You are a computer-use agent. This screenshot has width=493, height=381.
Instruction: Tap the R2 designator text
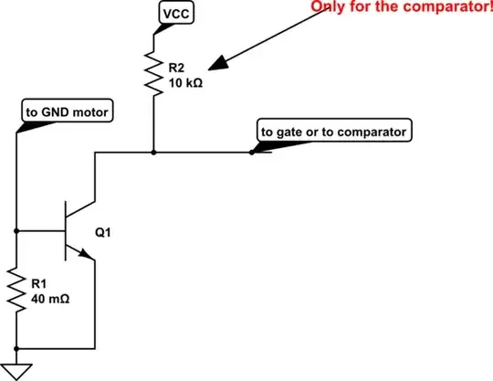[176, 68]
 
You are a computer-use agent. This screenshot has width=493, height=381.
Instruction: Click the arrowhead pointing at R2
[216, 65]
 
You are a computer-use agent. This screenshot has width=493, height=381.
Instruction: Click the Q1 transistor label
[104, 232]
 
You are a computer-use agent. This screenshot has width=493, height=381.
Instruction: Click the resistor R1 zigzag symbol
[16, 291]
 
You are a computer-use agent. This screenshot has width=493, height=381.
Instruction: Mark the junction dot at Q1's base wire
[16, 232]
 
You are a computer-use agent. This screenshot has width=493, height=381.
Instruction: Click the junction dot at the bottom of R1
[16, 350]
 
